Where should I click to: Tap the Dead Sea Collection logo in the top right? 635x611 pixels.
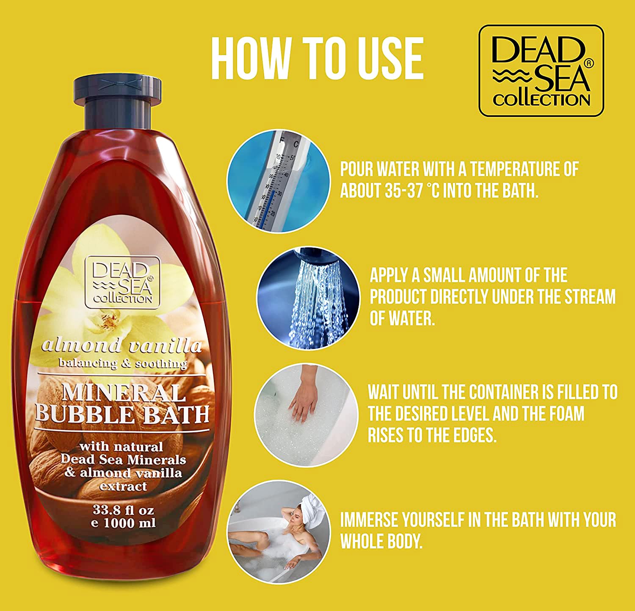pyautogui.click(x=541, y=71)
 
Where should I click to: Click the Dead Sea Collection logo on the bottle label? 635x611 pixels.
pyautogui.click(x=122, y=282)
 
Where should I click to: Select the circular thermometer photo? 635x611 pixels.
pyautogui.click(x=278, y=181)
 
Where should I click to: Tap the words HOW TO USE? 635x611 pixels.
pyautogui.click(x=317, y=58)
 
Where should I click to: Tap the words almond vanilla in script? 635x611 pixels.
pyautogui.click(x=122, y=346)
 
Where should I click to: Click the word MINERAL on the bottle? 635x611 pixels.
pyautogui.click(x=124, y=393)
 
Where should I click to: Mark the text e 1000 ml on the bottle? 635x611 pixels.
pyautogui.click(x=123, y=523)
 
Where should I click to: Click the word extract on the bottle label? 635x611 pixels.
pyautogui.click(x=123, y=486)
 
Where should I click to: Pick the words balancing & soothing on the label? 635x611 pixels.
pyautogui.click(x=123, y=363)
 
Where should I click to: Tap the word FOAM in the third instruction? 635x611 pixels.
pyautogui.click(x=566, y=414)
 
